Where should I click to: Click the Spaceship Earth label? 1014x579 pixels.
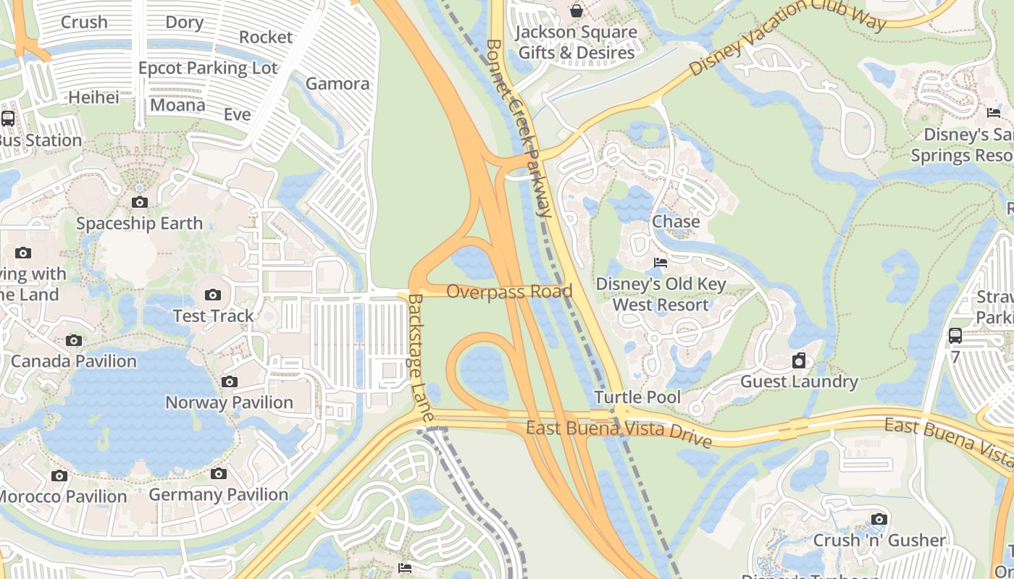139,223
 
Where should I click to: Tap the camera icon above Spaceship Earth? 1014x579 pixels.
140,202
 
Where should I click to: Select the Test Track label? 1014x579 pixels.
213,316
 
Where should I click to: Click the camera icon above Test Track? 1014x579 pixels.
212,295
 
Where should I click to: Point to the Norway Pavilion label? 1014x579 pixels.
229,402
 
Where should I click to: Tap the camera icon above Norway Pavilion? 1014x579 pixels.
229,381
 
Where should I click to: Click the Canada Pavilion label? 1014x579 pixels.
74,361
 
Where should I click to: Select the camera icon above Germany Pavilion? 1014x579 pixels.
219,474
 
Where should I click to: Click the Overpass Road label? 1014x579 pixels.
509,292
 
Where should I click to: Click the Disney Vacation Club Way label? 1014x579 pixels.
787,35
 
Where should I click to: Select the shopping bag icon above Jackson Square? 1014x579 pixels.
576,11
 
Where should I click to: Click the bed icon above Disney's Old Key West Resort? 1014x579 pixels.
660,262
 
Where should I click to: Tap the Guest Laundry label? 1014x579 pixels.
799,381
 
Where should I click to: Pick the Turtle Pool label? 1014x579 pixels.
637,397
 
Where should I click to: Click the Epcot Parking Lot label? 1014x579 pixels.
208,68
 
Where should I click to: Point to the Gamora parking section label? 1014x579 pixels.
338,83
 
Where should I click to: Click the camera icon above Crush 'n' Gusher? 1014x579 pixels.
879,519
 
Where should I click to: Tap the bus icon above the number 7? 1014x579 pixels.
955,336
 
